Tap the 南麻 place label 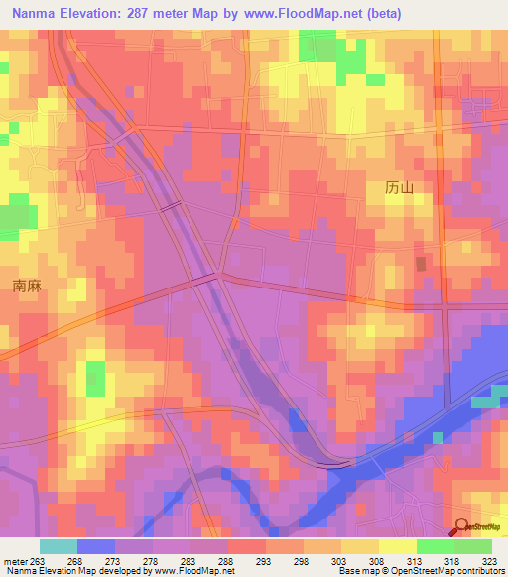(x=26, y=286)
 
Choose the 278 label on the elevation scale (x=150, y=559)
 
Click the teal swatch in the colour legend (x=59, y=546)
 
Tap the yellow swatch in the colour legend (x=398, y=546)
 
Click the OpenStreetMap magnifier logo (x=461, y=527)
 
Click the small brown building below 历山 (x=421, y=264)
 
